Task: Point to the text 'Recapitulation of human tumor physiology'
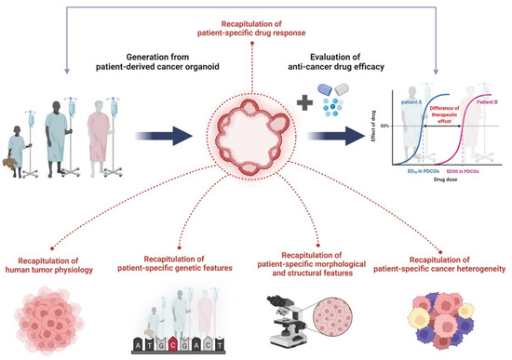click(x=54, y=257)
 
